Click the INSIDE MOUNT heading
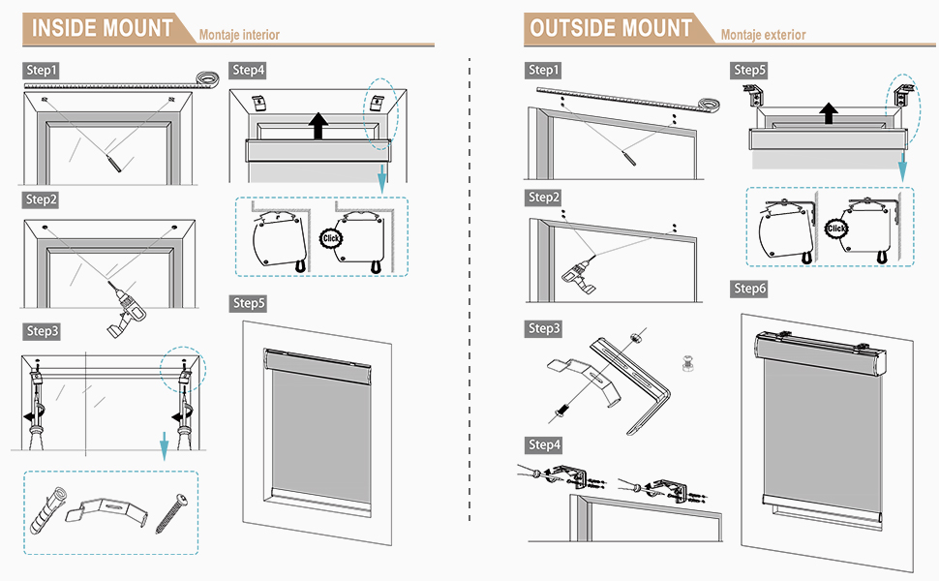click(102, 28)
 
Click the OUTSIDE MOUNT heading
click(611, 28)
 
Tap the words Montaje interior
click(239, 35)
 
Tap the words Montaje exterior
click(764, 35)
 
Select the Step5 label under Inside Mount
click(249, 303)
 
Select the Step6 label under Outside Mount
click(750, 289)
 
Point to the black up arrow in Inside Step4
click(318, 126)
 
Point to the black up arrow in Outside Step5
click(829, 113)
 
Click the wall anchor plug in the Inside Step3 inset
click(47, 510)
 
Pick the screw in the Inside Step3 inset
click(172, 512)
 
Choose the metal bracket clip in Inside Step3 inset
click(106, 511)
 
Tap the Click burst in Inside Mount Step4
click(330, 238)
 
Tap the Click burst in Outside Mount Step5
click(836, 229)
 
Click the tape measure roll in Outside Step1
click(709, 105)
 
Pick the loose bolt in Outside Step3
click(687, 362)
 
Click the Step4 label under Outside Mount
click(544, 445)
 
